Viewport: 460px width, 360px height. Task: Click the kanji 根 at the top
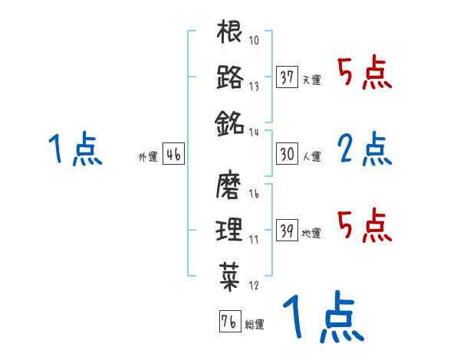(230, 33)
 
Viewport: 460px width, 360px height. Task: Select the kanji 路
(230, 77)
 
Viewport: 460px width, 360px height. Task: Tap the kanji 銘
(230, 122)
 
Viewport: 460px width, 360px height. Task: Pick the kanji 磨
(230, 185)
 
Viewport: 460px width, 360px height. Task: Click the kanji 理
(230, 229)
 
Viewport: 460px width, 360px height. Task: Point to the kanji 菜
(230, 273)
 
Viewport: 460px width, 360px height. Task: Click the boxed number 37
(287, 77)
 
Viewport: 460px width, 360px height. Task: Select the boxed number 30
(287, 154)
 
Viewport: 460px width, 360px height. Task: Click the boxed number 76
(229, 321)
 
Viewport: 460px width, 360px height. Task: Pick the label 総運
(255, 324)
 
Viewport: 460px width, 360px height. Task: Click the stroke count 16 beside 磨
(255, 195)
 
